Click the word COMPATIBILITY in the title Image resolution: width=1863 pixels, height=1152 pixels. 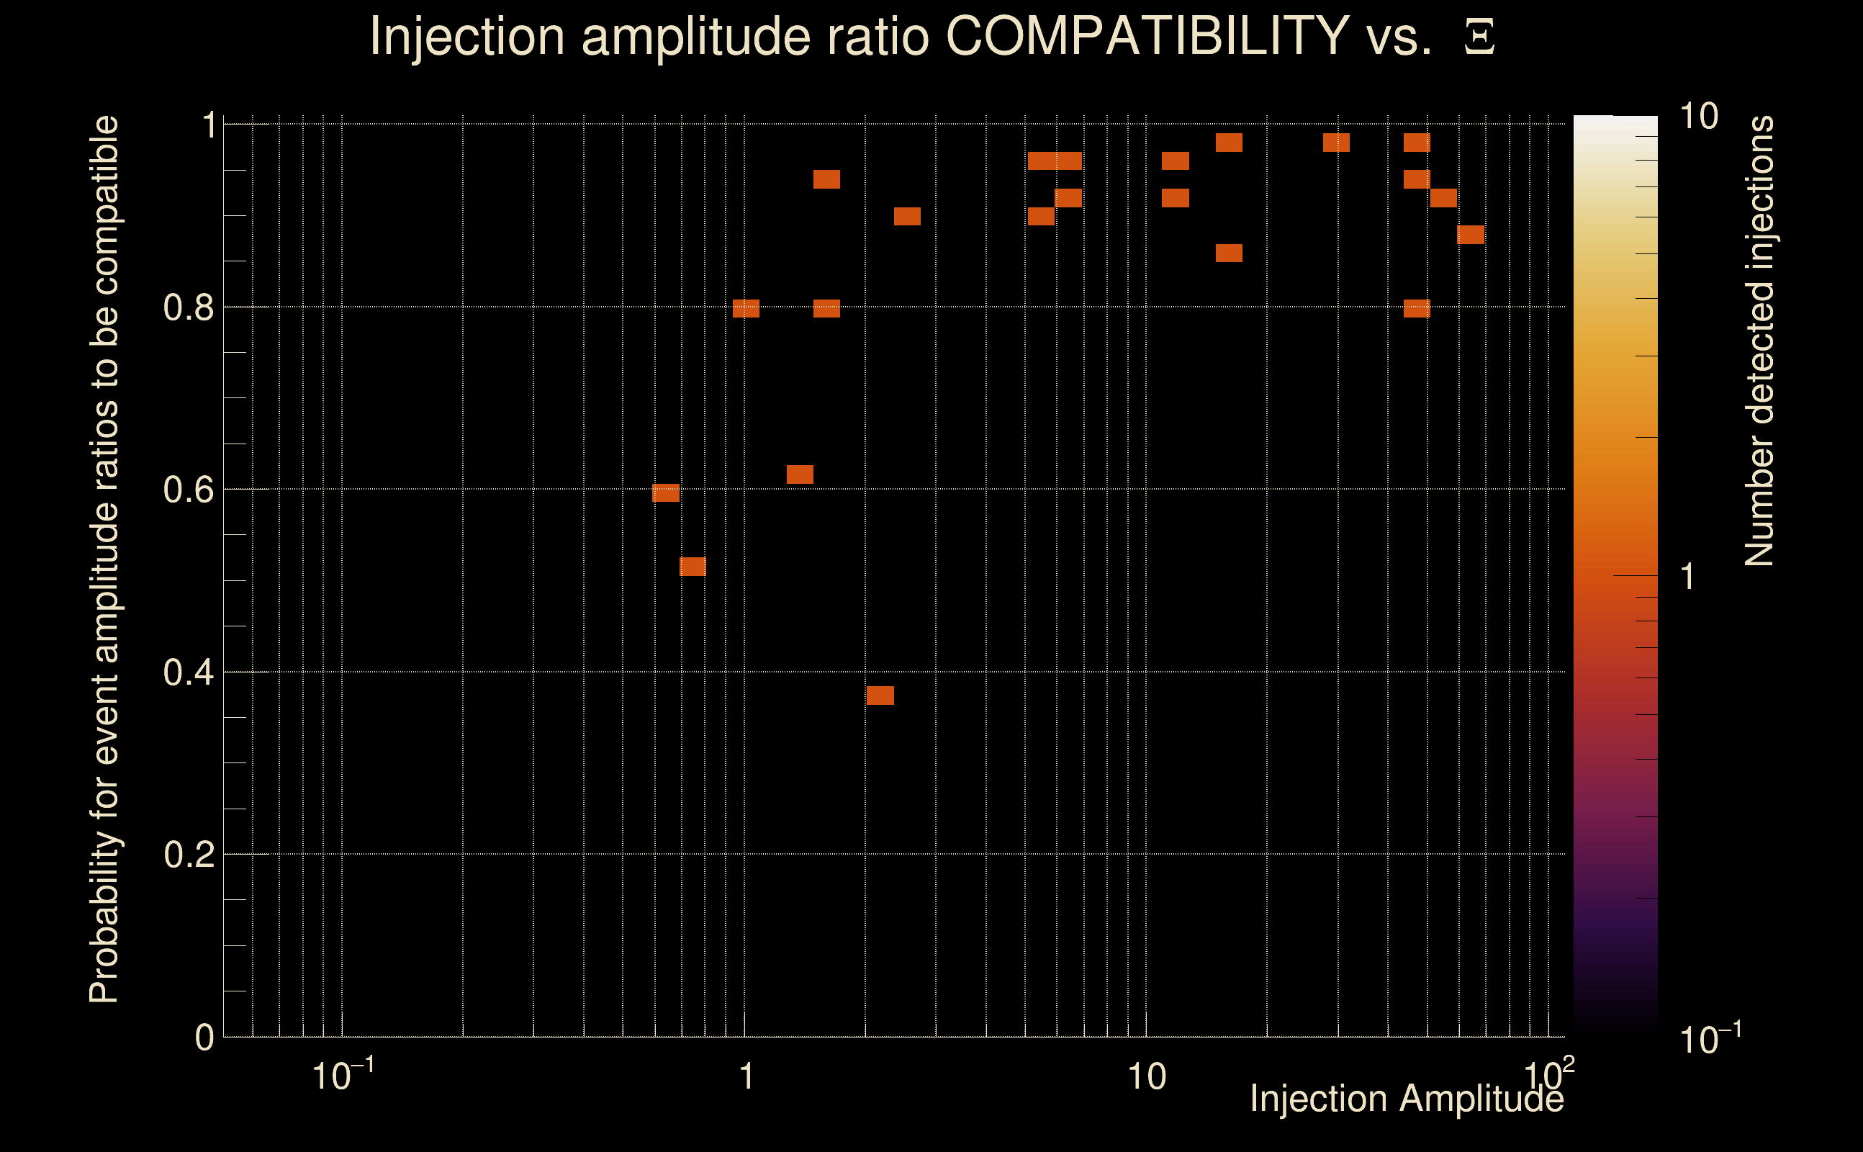[1147, 36]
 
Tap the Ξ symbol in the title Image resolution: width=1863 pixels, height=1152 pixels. [1479, 37]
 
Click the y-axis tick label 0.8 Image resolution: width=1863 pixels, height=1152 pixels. [188, 308]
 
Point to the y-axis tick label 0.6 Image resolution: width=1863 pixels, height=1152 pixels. [188, 490]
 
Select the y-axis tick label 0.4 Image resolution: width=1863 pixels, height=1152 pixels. [188, 672]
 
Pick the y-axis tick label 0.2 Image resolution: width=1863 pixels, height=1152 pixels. [188, 855]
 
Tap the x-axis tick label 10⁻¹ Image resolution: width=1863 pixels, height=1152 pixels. [343, 1076]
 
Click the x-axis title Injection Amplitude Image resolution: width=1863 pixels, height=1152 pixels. [1407, 1099]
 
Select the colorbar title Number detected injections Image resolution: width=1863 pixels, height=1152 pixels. [1759, 341]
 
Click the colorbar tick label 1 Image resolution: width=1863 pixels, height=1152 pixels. [1688, 577]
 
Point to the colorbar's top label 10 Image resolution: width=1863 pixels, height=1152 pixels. [1698, 117]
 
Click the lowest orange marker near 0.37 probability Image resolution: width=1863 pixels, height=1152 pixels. [880, 696]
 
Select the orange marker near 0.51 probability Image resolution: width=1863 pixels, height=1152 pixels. [693, 567]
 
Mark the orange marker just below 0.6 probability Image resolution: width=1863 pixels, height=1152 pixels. [666, 493]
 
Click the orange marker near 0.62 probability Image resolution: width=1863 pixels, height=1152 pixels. [800, 474]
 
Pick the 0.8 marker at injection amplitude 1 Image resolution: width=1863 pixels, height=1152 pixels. [746, 309]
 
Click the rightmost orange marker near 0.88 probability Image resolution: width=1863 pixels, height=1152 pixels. [1471, 235]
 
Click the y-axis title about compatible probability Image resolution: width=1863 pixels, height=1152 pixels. [104, 559]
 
